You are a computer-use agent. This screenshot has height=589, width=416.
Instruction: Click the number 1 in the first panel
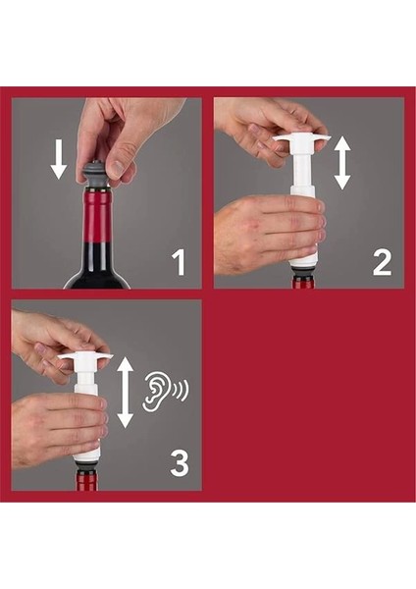[x=180, y=262]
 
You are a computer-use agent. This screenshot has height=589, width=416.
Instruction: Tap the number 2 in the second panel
[x=383, y=262]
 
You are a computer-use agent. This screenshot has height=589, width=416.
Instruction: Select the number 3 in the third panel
[x=180, y=464]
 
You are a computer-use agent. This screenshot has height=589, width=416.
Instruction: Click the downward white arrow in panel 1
[x=59, y=159]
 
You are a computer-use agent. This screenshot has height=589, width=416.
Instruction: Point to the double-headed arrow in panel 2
[x=342, y=163]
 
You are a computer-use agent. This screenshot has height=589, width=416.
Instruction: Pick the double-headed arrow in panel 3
[x=126, y=393]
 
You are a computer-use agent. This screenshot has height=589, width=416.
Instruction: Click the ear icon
[x=155, y=391]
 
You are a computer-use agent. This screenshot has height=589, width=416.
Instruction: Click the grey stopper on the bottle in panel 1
[x=97, y=176]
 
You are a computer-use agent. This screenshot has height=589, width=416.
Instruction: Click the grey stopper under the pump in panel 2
[x=304, y=271]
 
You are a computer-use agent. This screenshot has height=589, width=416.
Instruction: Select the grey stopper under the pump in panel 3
[x=87, y=467]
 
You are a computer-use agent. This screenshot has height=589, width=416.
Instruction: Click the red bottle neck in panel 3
[x=87, y=481]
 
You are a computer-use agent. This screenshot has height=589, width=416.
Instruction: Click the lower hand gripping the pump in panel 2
[x=268, y=234]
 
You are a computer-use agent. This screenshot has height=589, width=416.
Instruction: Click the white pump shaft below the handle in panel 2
[x=304, y=169]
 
